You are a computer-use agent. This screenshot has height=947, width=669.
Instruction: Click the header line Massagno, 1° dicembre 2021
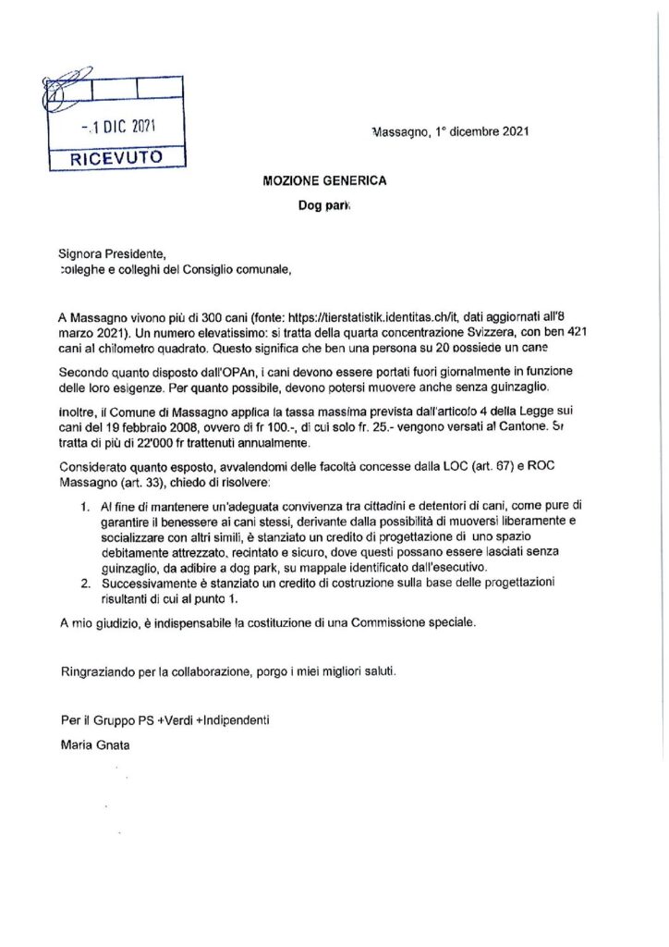(450, 132)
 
